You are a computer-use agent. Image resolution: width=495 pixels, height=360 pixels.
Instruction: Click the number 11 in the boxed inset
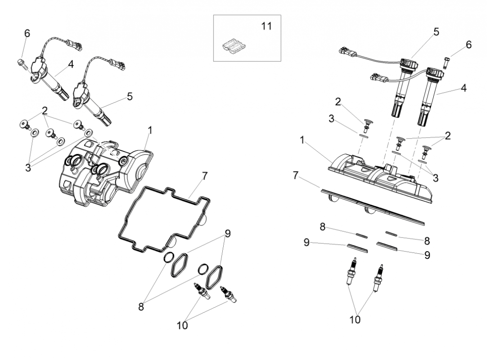coord(266,26)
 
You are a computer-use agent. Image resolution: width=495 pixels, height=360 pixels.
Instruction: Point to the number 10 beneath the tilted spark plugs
coord(182,325)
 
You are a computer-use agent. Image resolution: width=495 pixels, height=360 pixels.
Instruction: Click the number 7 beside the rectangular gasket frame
coord(205,176)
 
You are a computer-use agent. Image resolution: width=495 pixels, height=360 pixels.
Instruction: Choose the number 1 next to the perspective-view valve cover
coord(150,130)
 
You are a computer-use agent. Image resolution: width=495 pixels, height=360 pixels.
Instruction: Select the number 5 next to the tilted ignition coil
coord(130,96)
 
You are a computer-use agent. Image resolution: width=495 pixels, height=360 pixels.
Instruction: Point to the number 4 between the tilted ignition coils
coord(71,64)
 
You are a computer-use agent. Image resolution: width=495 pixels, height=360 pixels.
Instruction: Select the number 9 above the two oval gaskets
coord(228,234)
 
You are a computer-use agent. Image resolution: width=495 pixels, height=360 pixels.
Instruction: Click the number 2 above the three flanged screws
coord(45,110)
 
